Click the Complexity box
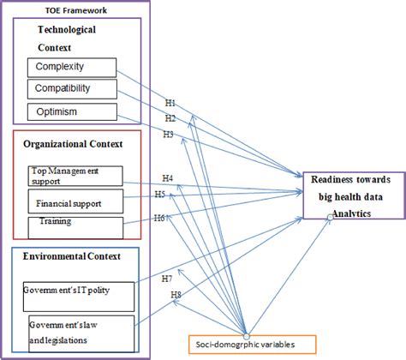(x=70, y=67)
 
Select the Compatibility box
(x=70, y=89)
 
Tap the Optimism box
(x=70, y=112)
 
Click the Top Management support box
(x=75, y=176)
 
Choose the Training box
(x=75, y=225)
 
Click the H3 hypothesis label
(x=170, y=135)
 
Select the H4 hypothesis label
(x=167, y=178)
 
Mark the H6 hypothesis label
(x=159, y=219)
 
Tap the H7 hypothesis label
(x=166, y=279)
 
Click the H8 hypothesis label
(x=176, y=295)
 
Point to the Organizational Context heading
(x=73, y=143)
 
